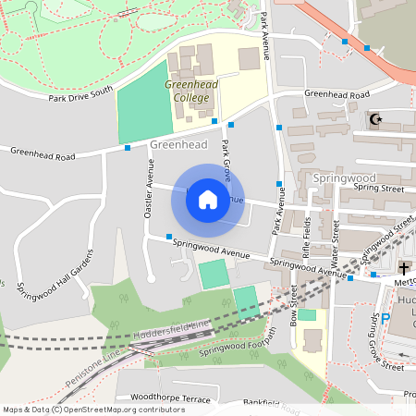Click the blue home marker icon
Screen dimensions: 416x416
click(x=208, y=200)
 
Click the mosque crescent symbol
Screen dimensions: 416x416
click(x=374, y=119)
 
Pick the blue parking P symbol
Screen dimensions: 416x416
click(x=386, y=319)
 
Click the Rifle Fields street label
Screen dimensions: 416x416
click(x=306, y=239)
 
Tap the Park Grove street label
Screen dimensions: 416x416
click(x=227, y=157)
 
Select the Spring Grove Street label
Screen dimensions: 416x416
click(x=387, y=341)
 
